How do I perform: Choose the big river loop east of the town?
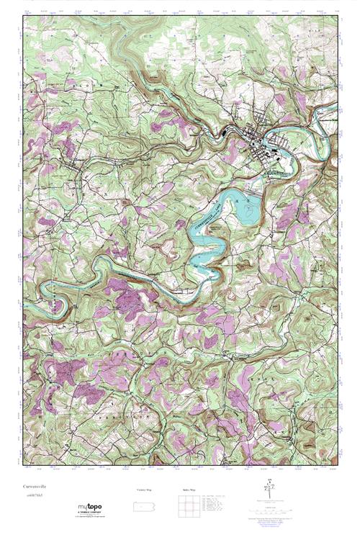(x=317, y=133)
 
